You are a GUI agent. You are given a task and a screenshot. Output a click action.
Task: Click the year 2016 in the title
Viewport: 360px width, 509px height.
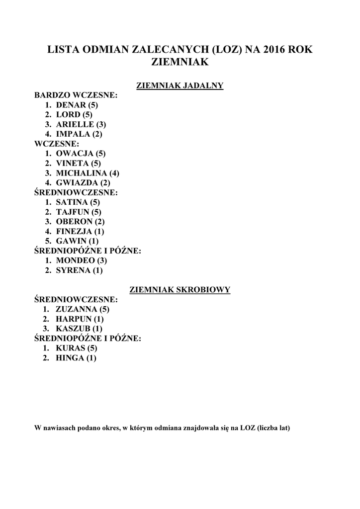click(273, 50)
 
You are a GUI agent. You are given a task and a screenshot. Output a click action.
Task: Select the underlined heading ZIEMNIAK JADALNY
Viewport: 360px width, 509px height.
click(180, 85)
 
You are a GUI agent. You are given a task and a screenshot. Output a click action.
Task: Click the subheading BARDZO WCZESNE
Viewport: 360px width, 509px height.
click(75, 95)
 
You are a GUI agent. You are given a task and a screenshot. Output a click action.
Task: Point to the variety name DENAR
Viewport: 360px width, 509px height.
click(71, 105)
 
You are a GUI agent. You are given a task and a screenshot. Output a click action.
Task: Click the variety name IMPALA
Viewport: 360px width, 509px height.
click(73, 134)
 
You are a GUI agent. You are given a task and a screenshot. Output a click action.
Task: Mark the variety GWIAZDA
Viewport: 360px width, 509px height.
click(77, 183)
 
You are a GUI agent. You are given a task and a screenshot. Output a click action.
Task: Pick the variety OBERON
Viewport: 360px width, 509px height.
click(74, 221)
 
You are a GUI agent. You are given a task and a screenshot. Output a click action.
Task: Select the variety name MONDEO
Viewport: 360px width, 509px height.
click(75, 260)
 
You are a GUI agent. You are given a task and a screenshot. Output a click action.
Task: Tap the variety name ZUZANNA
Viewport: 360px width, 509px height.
click(77, 309)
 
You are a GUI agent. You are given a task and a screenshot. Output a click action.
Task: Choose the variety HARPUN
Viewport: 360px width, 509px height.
click(74, 319)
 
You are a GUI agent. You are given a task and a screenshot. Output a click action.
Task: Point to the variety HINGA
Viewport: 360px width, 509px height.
click(70, 358)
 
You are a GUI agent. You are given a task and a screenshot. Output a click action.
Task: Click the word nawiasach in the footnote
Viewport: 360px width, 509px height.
click(63, 427)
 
